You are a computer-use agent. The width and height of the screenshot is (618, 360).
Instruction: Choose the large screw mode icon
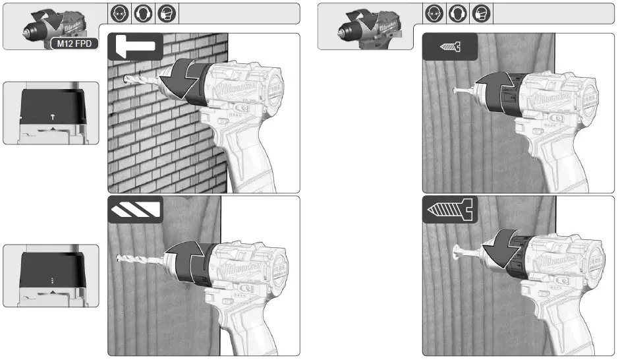(449, 210)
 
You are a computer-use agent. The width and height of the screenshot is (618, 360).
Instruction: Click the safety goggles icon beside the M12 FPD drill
(121, 13)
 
